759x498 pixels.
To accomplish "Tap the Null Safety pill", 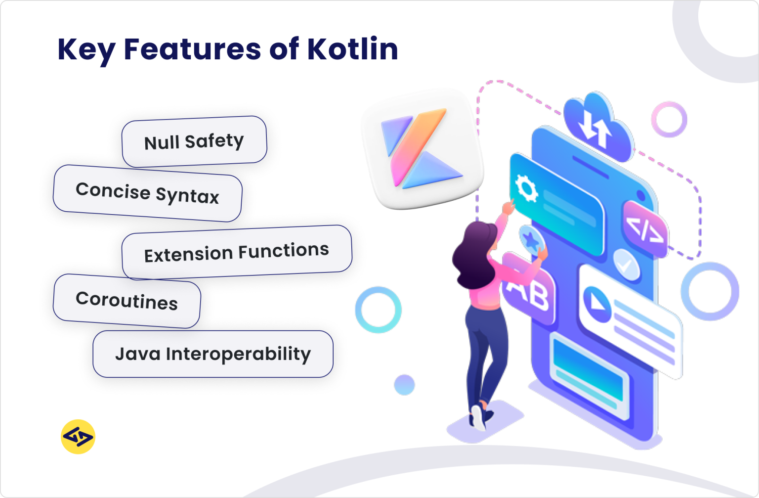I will pyautogui.click(x=194, y=141).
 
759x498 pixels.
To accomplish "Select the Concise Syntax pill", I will pyautogui.click(x=147, y=193).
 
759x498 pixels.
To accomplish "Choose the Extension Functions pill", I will pyautogui.click(x=237, y=252).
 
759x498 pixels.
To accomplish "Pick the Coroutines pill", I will pyautogui.click(x=126, y=301).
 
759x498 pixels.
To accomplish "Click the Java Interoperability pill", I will pyautogui.click(x=213, y=354).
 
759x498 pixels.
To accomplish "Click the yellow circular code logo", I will pyautogui.click(x=78, y=437).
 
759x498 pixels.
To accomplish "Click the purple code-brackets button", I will pyautogui.click(x=645, y=229).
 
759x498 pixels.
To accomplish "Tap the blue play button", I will pyautogui.click(x=597, y=299).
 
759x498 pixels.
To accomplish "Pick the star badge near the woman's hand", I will pyautogui.click(x=531, y=240).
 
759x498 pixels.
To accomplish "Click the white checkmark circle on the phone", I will pyautogui.click(x=626, y=265).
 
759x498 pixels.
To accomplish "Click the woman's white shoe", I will pyautogui.click(x=478, y=418).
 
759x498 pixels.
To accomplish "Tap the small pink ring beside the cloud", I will pyautogui.click(x=669, y=119).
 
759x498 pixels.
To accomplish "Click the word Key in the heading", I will pyautogui.click(x=86, y=50).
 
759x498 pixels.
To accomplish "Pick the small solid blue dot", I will pyautogui.click(x=404, y=385).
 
